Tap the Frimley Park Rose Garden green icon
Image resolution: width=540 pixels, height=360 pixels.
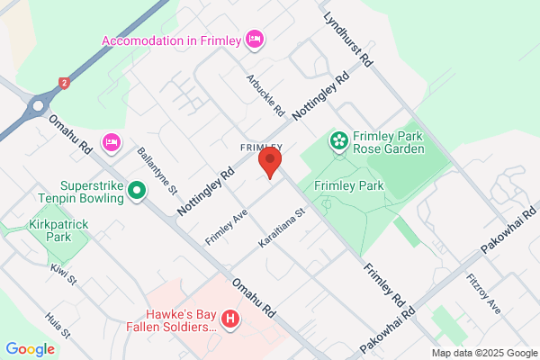[x=338, y=139]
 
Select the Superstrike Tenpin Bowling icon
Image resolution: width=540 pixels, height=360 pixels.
[x=137, y=190]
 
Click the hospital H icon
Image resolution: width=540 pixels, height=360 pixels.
[x=230, y=319]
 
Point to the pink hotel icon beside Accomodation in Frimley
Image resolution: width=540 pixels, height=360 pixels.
[x=255, y=39]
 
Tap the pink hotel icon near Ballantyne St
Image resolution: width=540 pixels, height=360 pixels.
[x=112, y=140]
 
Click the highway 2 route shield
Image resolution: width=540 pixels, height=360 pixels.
[x=64, y=83]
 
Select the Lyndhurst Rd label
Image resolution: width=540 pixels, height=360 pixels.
[x=347, y=38]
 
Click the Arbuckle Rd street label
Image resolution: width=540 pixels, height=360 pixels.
[x=266, y=95]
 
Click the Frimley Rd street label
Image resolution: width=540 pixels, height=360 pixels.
[x=385, y=284]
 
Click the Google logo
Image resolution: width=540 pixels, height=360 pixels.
[x=31, y=349]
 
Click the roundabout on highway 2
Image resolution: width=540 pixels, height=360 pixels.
[x=37, y=105]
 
